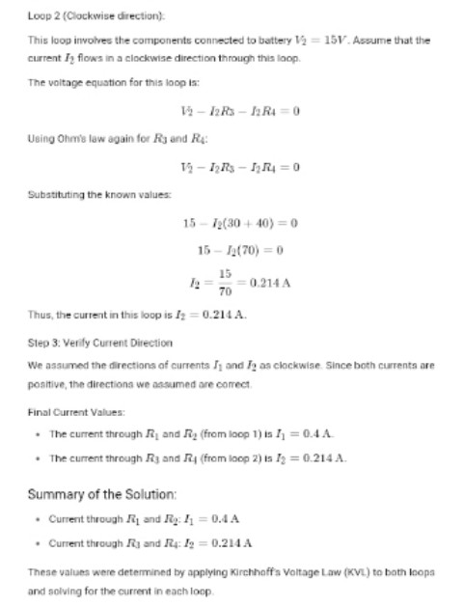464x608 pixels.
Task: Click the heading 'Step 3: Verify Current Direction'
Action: (99, 343)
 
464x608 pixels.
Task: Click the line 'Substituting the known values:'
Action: (99, 195)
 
